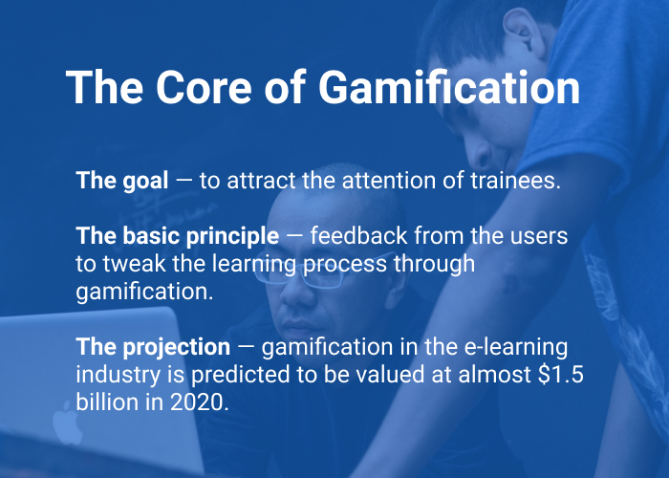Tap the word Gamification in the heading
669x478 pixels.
(448, 87)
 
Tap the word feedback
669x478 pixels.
(369, 236)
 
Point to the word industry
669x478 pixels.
(115, 374)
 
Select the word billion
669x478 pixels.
(106, 402)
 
